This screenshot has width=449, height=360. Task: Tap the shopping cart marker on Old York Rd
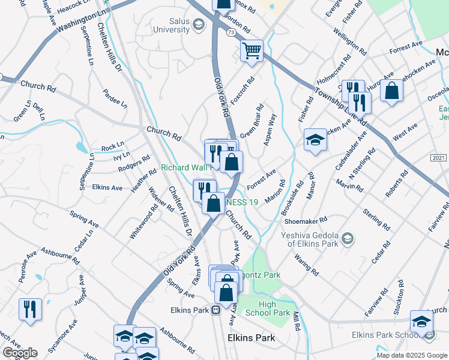(252, 50)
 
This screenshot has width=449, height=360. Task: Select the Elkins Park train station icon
(214, 310)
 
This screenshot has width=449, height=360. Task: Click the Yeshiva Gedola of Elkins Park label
(310, 239)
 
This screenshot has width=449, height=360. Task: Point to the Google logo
(20, 353)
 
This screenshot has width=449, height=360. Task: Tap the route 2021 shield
(439, 158)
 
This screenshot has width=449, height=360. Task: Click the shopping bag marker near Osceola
(391, 91)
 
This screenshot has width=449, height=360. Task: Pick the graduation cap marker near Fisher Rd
(315, 140)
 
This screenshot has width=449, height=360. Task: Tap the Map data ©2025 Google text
(412, 355)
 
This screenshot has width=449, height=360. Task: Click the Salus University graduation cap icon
(199, 24)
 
